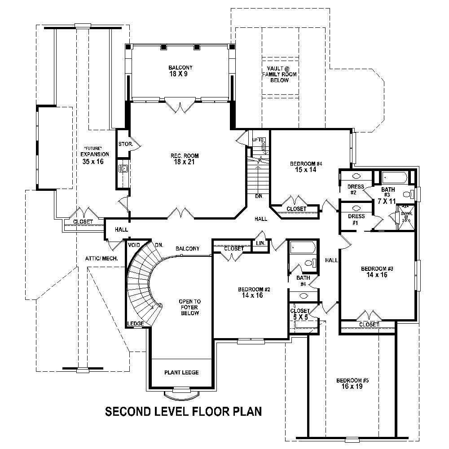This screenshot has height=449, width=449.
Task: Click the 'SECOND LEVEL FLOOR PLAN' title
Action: click(x=183, y=411)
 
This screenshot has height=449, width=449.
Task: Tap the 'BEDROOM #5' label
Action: click(x=352, y=380)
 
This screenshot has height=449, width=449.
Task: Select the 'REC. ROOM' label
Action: click(x=185, y=156)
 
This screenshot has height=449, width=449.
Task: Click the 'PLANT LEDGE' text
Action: click(x=181, y=372)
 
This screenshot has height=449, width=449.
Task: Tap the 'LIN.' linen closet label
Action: click(x=260, y=243)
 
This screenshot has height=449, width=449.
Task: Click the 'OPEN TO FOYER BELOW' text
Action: click(x=189, y=307)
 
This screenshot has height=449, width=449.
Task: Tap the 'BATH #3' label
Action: click(x=388, y=192)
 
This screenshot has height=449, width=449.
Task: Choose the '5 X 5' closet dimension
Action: click(x=300, y=317)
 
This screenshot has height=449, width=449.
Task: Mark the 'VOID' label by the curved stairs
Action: click(x=133, y=245)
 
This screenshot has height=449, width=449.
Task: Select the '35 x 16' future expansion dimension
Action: click(x=92, y=161)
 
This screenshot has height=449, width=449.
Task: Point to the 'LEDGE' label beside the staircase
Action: click(x=135, y=324)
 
